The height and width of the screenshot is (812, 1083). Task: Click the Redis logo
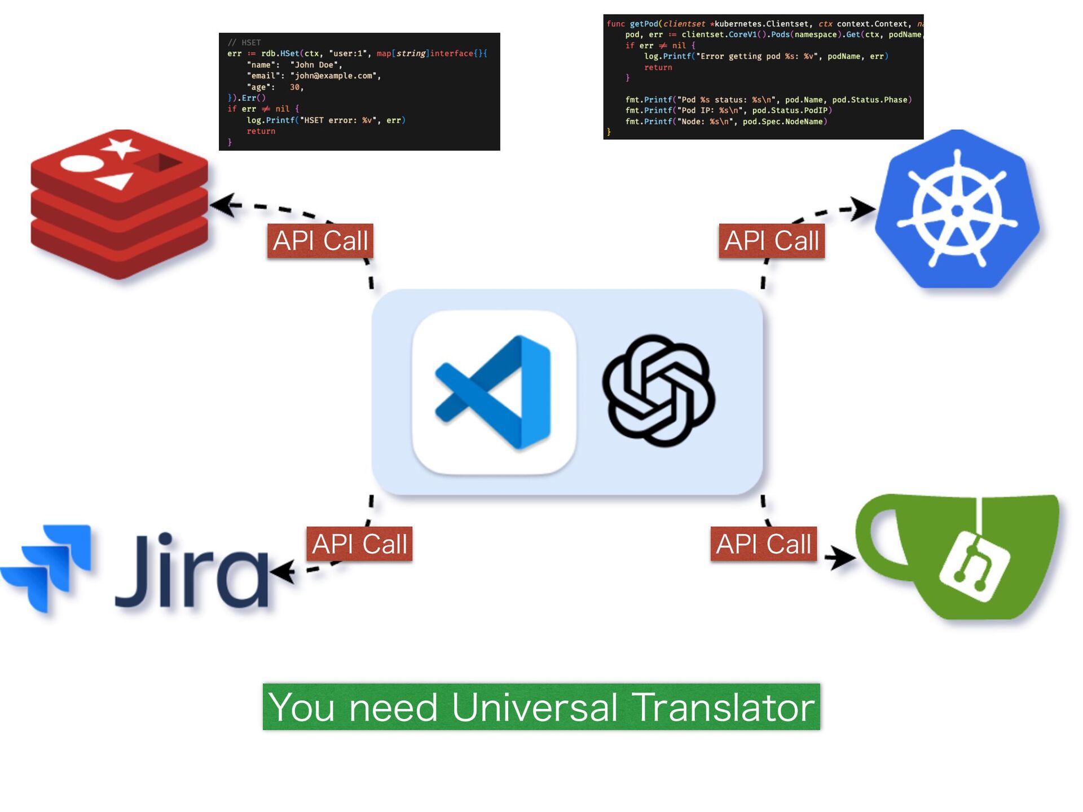tap(120, 204)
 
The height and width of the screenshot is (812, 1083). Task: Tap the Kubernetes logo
tap(957, 210)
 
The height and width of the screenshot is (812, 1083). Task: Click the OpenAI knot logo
tap(658, 391)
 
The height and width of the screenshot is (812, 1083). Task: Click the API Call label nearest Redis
tap(320, 241)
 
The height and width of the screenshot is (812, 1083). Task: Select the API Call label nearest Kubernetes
tap(771, 241)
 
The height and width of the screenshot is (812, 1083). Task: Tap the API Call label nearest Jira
tap(359, 544)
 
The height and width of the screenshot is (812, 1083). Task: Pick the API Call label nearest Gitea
tap(763, 544)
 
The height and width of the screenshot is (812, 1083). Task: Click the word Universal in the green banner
tap(534, 707)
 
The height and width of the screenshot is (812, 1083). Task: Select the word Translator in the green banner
tap(723, 707)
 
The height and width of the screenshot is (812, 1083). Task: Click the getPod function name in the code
tap(644, 24)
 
